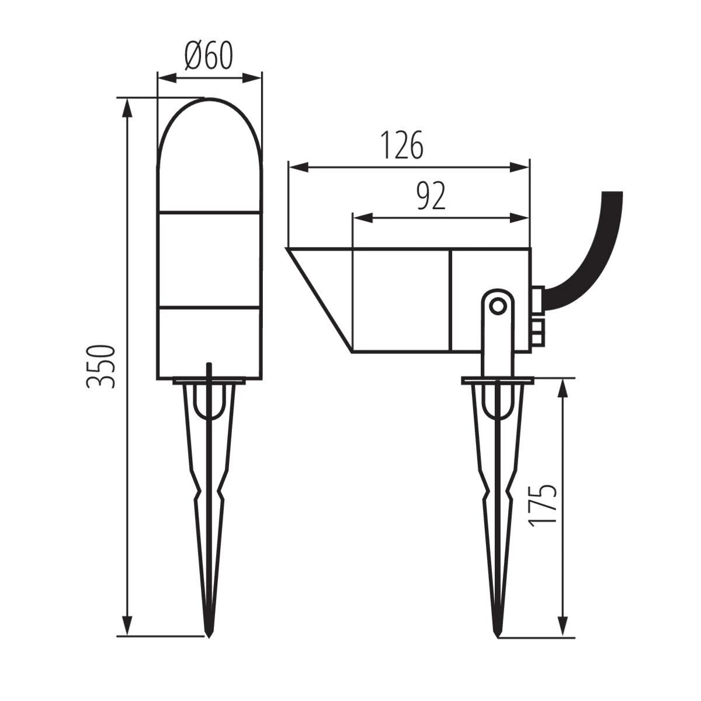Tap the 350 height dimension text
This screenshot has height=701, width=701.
click(99, 366)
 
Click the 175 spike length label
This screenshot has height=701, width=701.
click(541, 506)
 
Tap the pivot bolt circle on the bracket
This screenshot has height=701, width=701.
click(497, 304)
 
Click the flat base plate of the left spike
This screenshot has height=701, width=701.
click(209, 383)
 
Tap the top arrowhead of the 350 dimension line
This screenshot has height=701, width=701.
click(126, 105)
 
